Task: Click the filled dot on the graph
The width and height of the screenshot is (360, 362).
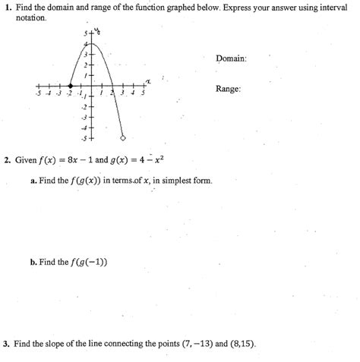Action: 71,86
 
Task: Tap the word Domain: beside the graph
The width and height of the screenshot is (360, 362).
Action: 231,58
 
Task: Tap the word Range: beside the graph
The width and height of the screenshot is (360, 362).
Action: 228,90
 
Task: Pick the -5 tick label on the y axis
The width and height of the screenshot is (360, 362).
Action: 84,139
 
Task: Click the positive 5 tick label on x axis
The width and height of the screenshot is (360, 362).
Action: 141,94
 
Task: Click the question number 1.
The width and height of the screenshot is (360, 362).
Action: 6,7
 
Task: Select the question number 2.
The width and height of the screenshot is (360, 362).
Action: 6,160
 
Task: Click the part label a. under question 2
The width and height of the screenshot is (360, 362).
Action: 34,181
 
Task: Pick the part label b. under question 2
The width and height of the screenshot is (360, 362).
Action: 34,263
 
